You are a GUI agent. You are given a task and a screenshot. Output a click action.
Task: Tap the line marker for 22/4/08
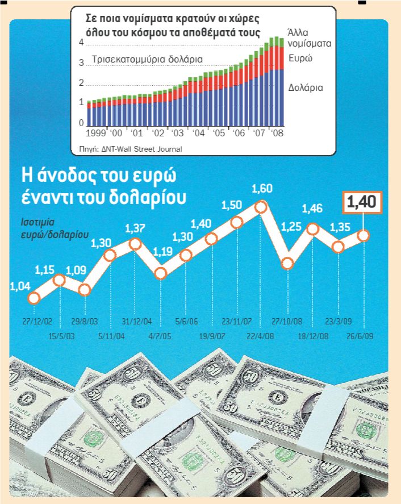click(x=261, y=207)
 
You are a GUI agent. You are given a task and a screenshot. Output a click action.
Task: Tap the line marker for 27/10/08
click(x=287, y=263)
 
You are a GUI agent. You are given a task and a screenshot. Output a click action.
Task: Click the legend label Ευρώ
click(x=300, y=59)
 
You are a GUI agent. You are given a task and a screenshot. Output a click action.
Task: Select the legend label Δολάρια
click(x=306, y=88)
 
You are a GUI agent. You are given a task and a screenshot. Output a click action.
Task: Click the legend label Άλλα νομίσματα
click(x=309, y=36)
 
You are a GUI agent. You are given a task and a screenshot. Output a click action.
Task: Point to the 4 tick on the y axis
click(x=81, y=43)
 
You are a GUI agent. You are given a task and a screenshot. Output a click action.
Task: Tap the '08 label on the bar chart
click(x=278, y=134)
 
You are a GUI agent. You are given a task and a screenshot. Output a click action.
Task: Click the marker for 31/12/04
click(x=135, y=244)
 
